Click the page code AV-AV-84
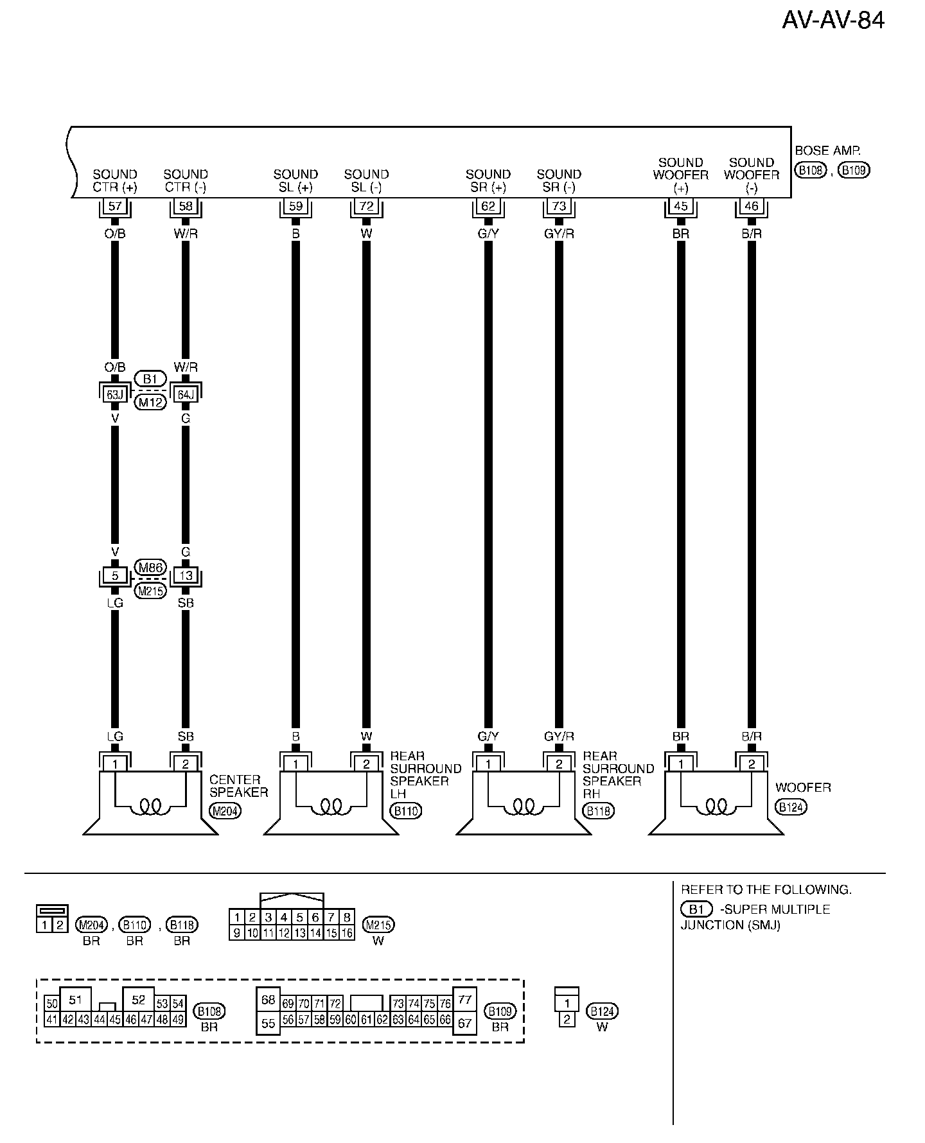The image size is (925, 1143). tap(833, 21)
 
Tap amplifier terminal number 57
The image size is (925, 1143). tap(115, 207)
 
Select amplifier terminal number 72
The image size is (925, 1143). tap(366, 207)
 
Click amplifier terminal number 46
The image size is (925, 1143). tap(751, 207)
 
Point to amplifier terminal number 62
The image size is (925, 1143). tap(488, 207)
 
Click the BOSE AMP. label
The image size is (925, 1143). tap(827, 152)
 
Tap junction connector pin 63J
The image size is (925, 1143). tap(115, 395)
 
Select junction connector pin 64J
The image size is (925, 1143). tap(186, 395)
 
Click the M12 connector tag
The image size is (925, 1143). tap(150, 403)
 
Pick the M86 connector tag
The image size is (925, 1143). tap(150, 567)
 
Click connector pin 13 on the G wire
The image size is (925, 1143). tap(186, 575)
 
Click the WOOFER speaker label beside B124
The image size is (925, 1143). tap(803, 787)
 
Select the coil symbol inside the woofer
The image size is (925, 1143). tap(716, 806)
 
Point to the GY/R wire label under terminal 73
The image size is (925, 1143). tap(559, 234)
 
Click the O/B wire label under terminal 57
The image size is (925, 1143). tap(115, 234)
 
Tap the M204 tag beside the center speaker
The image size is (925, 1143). tap(225, 811)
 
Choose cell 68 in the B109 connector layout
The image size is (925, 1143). tap(269, 1000)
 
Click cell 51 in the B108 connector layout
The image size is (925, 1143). tap(76, 1000)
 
